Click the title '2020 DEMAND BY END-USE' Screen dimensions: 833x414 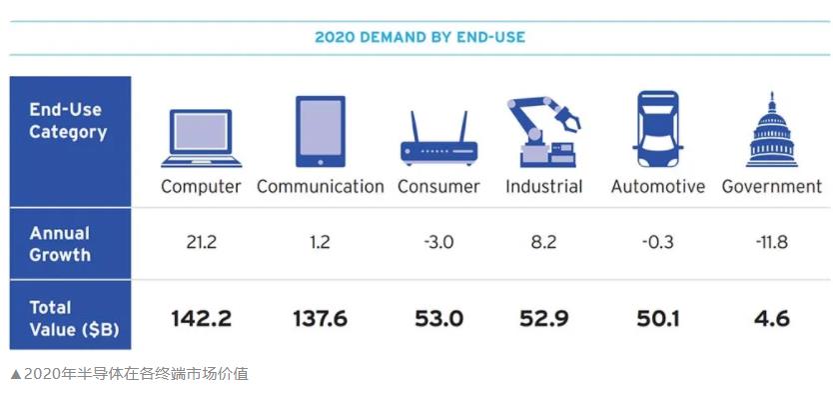[419, 37]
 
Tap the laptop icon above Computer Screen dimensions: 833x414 [201, 138]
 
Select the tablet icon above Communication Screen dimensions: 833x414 [321, 131]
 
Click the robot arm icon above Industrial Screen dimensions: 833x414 [543, 132]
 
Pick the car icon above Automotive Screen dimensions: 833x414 [657, 129]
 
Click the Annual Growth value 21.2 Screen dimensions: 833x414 [202, 242]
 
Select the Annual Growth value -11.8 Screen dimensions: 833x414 [772, 242]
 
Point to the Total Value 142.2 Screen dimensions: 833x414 [202, 319]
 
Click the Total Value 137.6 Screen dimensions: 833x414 [321, 319]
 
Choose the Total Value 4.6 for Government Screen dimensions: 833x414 [772, 319]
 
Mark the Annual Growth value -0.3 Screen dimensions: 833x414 [657, 242]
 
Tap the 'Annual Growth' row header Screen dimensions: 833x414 [60, 244]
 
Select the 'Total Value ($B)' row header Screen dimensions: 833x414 [74, 318]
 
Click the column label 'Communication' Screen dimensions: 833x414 [321, 187]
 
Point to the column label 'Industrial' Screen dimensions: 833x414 [544, 187]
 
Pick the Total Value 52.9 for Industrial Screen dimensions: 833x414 [544, 319]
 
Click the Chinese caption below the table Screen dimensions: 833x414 [129, 374]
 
